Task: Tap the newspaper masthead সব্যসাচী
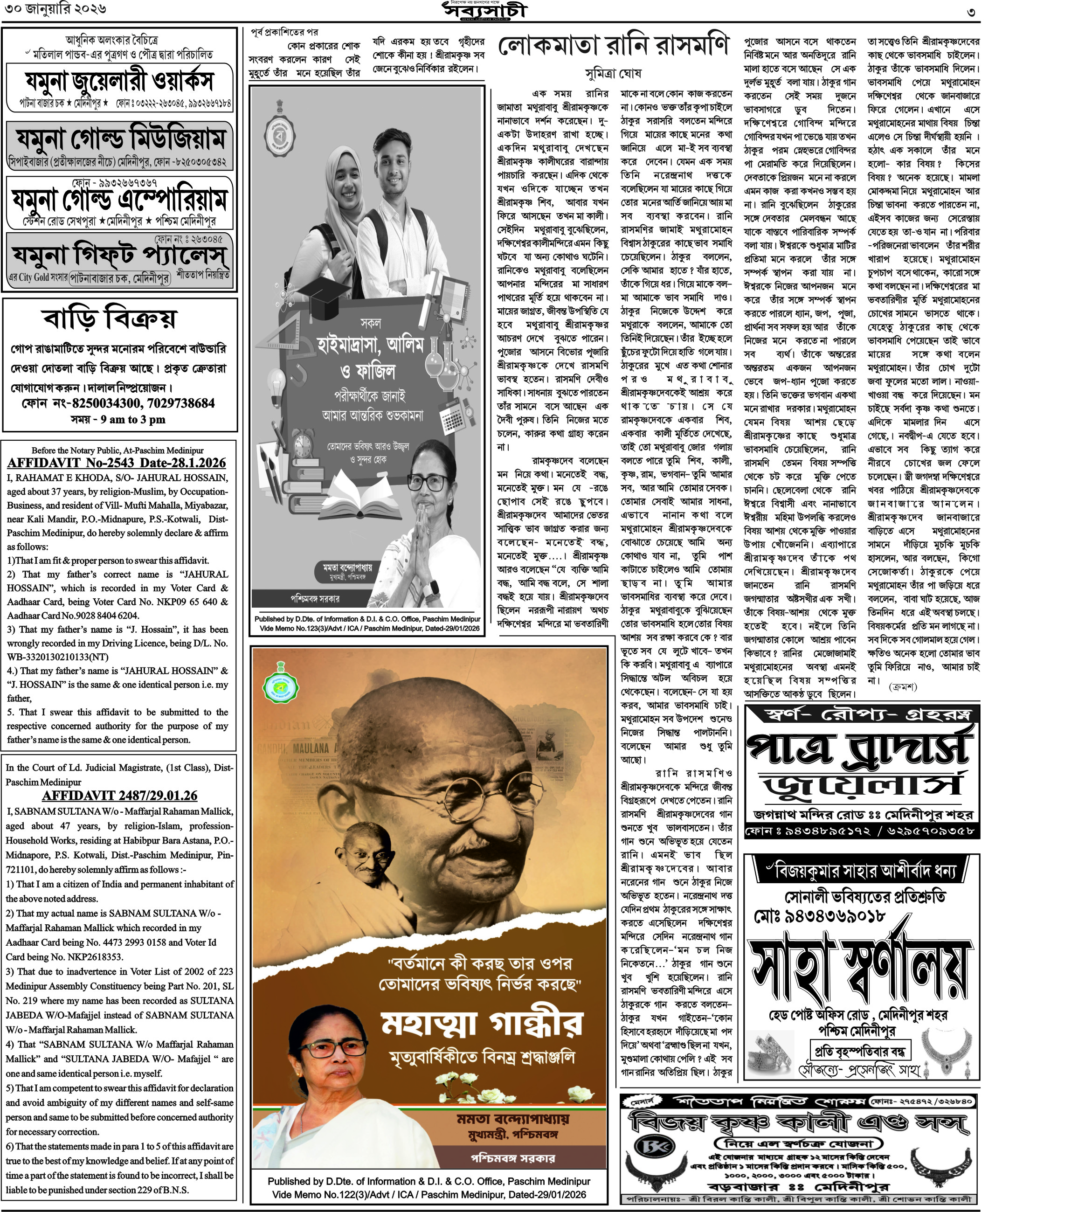485,11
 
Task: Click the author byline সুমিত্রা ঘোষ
613,74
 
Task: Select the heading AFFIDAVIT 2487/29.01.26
119,796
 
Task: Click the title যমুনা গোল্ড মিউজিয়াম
120,139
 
